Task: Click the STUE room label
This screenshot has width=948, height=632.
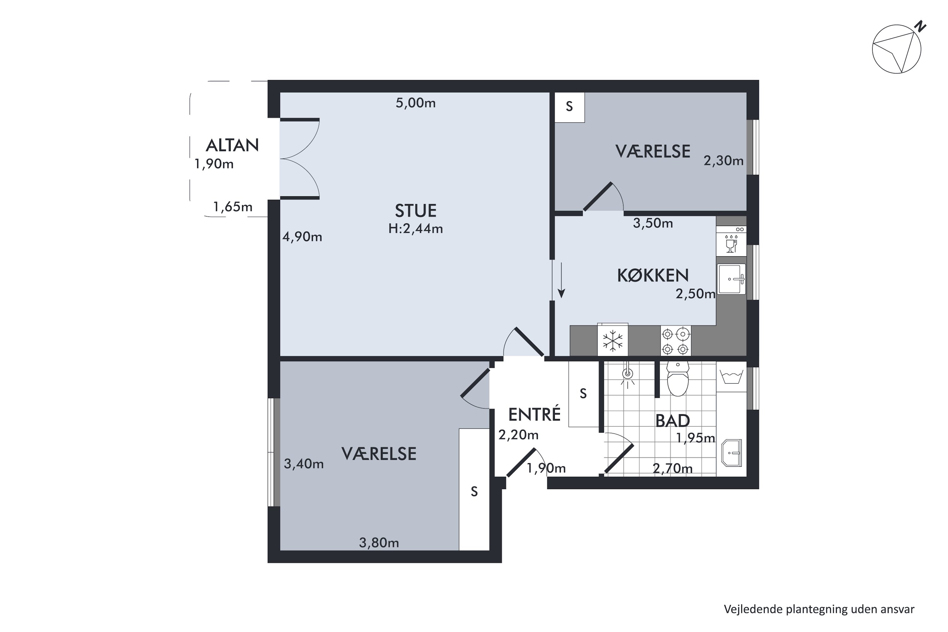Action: point(416,211)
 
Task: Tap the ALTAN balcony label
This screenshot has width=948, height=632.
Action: point(232,145)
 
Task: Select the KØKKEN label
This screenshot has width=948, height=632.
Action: point(653,275)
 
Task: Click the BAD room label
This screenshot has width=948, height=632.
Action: point(673,421)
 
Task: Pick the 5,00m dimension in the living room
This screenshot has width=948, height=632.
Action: point(416,103)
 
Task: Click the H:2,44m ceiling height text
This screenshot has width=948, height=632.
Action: point(416,229)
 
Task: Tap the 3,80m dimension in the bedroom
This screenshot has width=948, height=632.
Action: point(379,543)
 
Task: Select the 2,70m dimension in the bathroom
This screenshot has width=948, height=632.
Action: point(673,468)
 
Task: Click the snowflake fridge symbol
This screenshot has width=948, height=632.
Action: point(613,341)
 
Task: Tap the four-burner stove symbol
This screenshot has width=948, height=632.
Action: point(676,341)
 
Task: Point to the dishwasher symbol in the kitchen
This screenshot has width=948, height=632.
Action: point(731,241)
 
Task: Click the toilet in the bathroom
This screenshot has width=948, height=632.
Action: point(678,379)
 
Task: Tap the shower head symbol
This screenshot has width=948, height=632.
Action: point(628,375)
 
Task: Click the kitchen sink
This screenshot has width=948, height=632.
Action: point(732,279)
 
